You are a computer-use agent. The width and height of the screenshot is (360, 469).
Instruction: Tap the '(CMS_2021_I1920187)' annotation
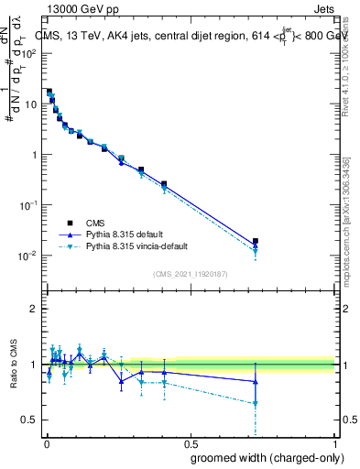(x=190, y=273)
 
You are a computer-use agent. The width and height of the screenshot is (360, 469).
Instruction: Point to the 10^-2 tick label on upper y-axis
(x=30, y=256)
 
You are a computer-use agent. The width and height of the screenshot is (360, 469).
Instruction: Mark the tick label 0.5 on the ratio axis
(x=31, y=420)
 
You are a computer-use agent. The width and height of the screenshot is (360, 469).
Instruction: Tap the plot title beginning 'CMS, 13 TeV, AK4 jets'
(x=192, y=36)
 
